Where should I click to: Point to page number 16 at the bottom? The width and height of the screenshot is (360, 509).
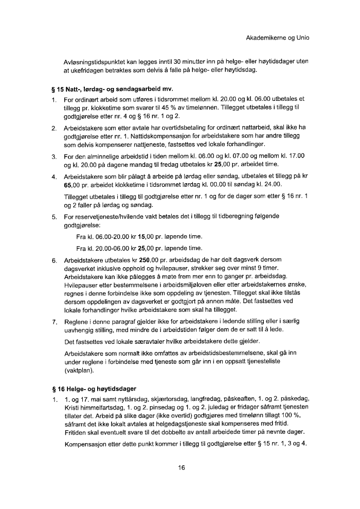pyautogui.click(x=181, y=467)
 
